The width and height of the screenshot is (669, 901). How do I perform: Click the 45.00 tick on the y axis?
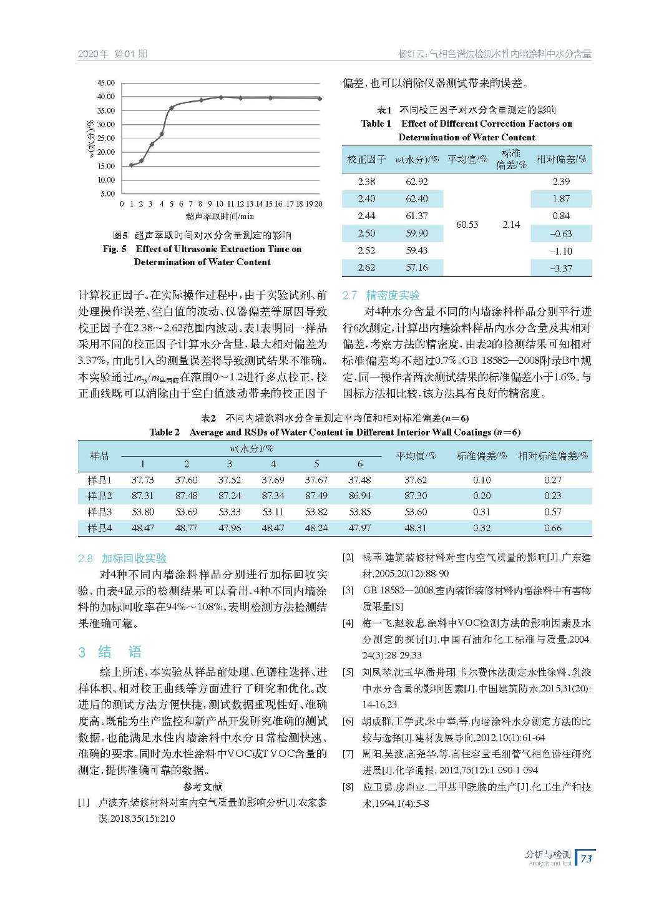(106, 83)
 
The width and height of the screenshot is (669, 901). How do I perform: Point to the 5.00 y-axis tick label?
(108, 193)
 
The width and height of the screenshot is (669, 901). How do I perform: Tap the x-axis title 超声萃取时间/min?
(220, 216)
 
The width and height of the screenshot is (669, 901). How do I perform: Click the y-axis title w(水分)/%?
(91, 139)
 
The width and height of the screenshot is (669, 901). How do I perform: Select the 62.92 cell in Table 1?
(416, 182)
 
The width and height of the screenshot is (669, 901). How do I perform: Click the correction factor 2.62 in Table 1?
(366, 268)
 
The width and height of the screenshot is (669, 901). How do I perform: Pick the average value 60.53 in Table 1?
(467, 225)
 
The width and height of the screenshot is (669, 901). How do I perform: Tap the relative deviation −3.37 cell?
(560, 268)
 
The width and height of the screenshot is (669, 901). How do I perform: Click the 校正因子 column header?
(366, 160)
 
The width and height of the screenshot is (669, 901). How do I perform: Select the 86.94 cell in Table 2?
(359, 496)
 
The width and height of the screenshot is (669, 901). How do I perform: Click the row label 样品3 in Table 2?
(100, 512)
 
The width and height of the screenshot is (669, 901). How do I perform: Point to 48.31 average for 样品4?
(416, 528)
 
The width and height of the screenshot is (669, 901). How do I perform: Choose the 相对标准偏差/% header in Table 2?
(553, 456)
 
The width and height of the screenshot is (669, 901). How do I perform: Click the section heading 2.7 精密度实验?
(381, 295)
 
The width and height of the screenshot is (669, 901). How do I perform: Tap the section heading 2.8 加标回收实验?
(122, 558)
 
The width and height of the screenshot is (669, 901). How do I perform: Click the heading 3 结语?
(110, 652)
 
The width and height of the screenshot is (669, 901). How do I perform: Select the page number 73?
(586, 859)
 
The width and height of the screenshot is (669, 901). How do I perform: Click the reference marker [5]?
(348, 673)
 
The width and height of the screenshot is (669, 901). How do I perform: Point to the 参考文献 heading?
(202, 787)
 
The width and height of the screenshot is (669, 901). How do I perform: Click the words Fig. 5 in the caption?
(115, 249)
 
